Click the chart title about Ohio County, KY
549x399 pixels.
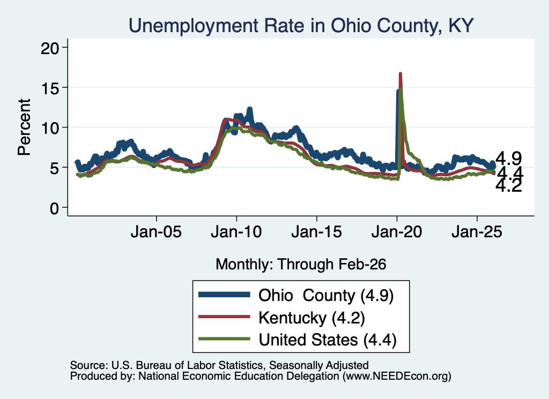[301, 26]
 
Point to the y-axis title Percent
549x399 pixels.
[24, 127]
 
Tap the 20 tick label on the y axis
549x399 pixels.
[50, 48]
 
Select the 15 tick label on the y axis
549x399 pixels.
[50, 88]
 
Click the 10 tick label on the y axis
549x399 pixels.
[50, 128]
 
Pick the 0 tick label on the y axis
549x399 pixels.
[54, 208]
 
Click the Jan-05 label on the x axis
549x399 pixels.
[156, 232]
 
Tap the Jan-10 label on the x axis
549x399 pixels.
[236, 232]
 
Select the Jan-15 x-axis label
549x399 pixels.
[316, 232]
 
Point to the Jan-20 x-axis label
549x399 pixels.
[397, 232]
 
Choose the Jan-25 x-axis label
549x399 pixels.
[477, 232]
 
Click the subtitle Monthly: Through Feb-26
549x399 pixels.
[301, 265]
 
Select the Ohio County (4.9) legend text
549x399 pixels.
[326, 296]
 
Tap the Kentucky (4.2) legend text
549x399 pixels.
[311, 318]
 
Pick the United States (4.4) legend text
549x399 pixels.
[328, 340]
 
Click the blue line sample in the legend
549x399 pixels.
[224, 295]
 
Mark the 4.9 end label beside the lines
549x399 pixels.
[509, 159]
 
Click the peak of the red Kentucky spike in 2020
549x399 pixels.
[400, 73]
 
